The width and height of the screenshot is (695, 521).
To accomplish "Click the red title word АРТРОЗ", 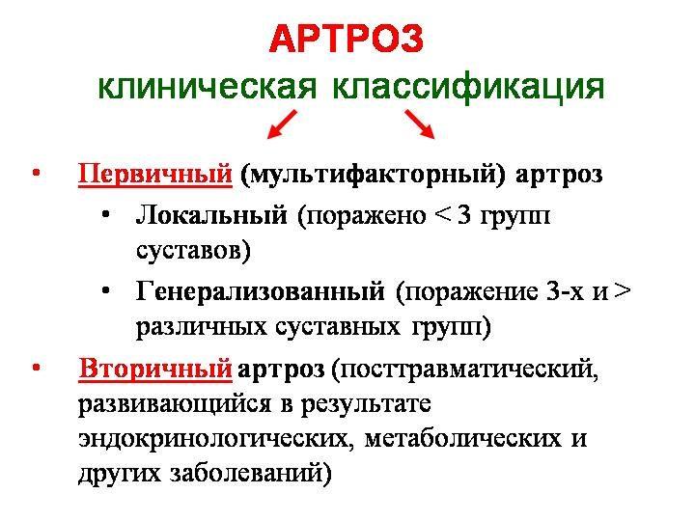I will point(347,40).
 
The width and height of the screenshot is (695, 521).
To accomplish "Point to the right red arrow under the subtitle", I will point(418,123).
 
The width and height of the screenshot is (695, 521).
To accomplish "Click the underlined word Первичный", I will point(155,175).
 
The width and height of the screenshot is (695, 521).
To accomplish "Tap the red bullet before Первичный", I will point(35,174).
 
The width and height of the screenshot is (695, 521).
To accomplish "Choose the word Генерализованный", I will point(262,289).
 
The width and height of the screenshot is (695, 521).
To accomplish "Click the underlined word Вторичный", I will point(155,368).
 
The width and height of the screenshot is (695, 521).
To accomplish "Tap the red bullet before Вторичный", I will point(35,367).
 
